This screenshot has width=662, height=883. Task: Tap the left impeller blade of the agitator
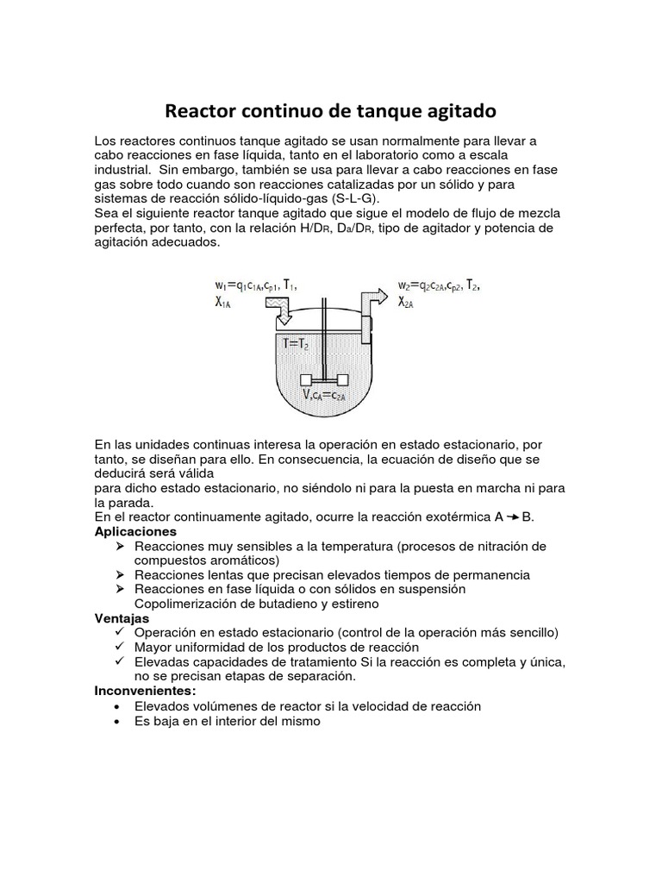click(305, 380)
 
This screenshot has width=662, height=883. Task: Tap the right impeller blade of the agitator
click(342, 380)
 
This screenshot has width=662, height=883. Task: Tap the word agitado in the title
click(458, 111)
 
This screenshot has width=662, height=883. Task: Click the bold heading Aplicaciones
click(134, 531)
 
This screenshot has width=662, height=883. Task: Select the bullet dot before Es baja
click(119, 721)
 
